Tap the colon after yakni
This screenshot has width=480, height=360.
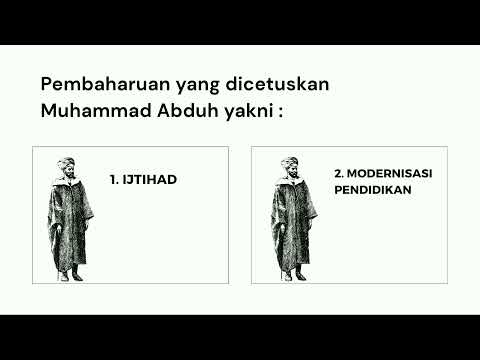coord(281,112)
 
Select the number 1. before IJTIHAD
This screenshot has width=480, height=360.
coord(114,180)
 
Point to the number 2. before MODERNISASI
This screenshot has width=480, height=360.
coord(338,173)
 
